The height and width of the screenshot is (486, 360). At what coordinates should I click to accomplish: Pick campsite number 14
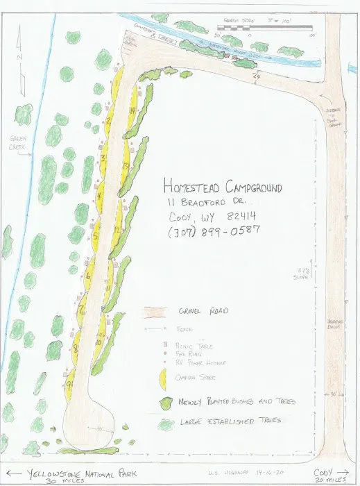click(132, 111)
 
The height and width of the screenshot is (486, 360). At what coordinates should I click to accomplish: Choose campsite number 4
click(101, 196)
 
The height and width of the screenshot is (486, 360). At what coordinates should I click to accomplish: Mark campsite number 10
click(99, 342)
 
